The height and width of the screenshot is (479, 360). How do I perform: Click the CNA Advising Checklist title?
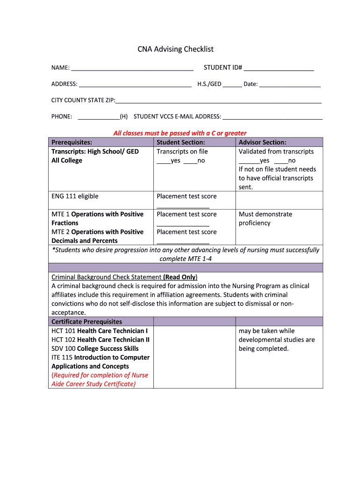[x=175, y=49]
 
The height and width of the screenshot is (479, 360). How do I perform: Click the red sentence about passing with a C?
[x=180, y=133]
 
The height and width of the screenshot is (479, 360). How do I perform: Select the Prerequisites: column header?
[x=72, y=142]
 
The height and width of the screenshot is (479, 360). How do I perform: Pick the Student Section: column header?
[x=180, y=142]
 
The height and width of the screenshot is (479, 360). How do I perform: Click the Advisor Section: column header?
[x=262, y=142]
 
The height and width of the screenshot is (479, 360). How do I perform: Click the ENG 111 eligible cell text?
[x=75, y=196]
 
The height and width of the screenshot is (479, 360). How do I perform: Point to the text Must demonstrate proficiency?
[x=265, y=218]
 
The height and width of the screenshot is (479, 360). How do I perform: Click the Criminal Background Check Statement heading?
[x=124, y=277]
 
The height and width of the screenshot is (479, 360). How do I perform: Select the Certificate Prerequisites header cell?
[x=86, y=321]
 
